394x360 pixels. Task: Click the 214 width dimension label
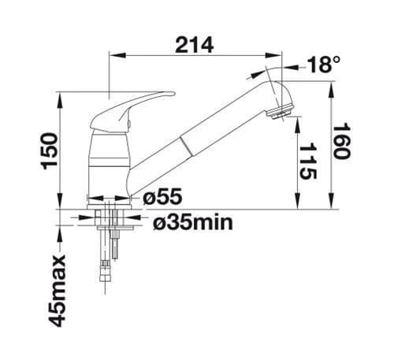click(x=195, y=45)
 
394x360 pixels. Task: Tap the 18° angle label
click(x=323, y=65)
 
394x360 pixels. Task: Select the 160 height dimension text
click(x=341, y=140)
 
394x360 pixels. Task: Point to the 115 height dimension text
click(x=307, y=161)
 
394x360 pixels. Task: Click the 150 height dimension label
click(x=49, y=151)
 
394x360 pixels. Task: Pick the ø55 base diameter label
click(x=162, y=197)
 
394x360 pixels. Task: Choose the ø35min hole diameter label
click(x=193, y=222)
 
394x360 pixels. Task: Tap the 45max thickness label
click(x=57, y=291)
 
